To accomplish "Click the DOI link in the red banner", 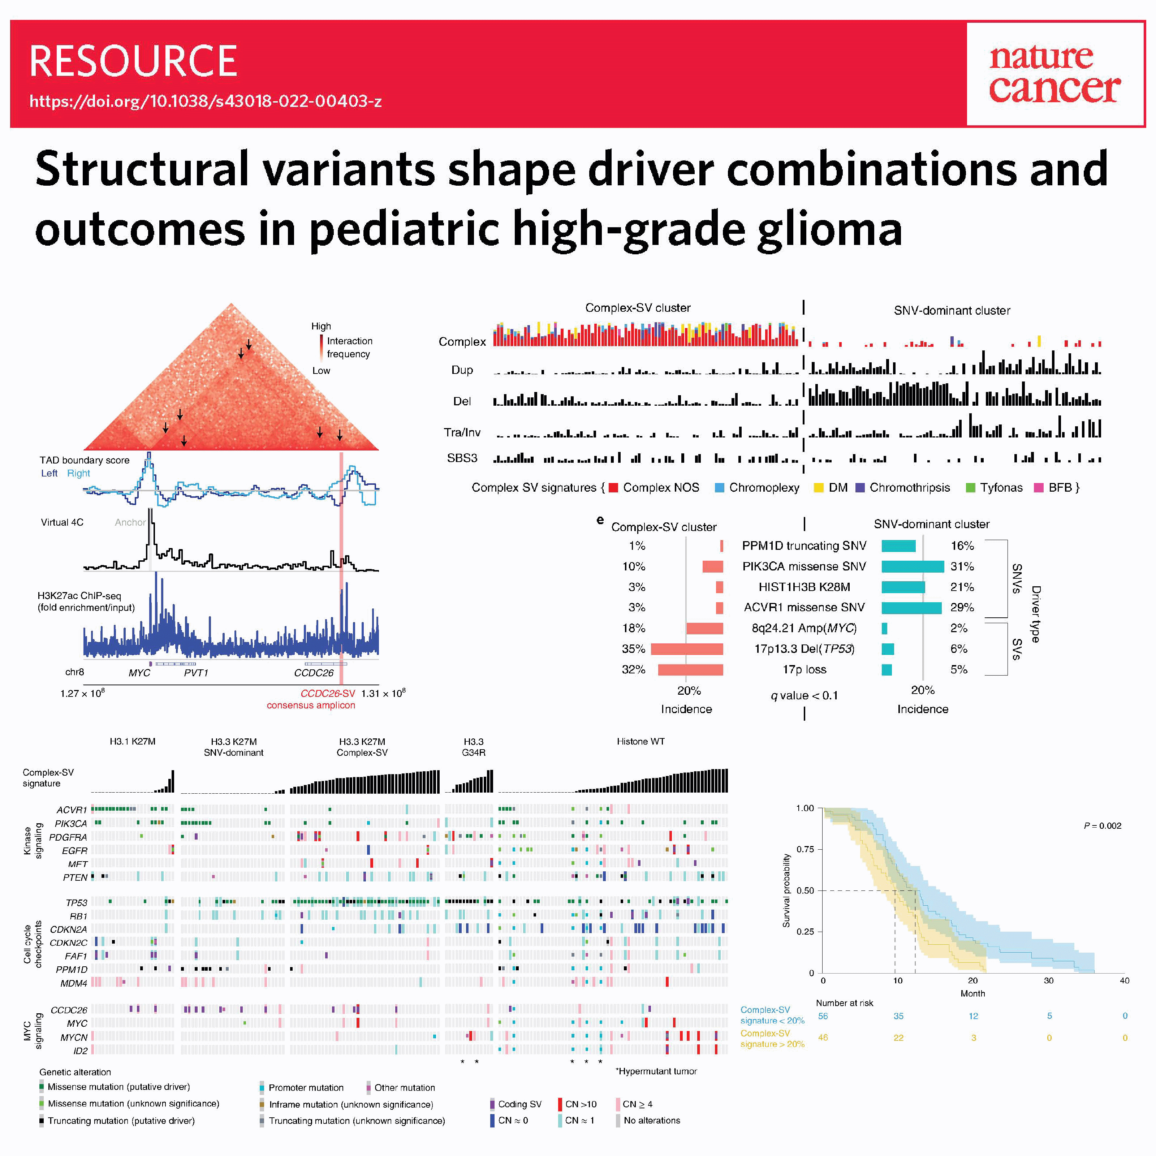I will click(205, 101).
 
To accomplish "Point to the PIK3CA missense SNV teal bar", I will click(913, 566).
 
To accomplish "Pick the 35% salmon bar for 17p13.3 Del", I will click(686, 648).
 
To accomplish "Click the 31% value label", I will click(962, 566).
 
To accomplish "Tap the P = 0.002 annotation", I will click(1102, 826).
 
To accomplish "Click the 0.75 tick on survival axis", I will click(805, 849).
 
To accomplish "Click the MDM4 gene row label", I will click(74, 983).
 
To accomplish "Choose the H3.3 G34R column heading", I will click(473, 747).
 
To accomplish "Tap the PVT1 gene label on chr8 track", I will click(196, 673).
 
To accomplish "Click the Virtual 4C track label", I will click(62, 522).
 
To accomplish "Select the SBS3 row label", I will click(462, 458).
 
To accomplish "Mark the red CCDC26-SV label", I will click(327, 694).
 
